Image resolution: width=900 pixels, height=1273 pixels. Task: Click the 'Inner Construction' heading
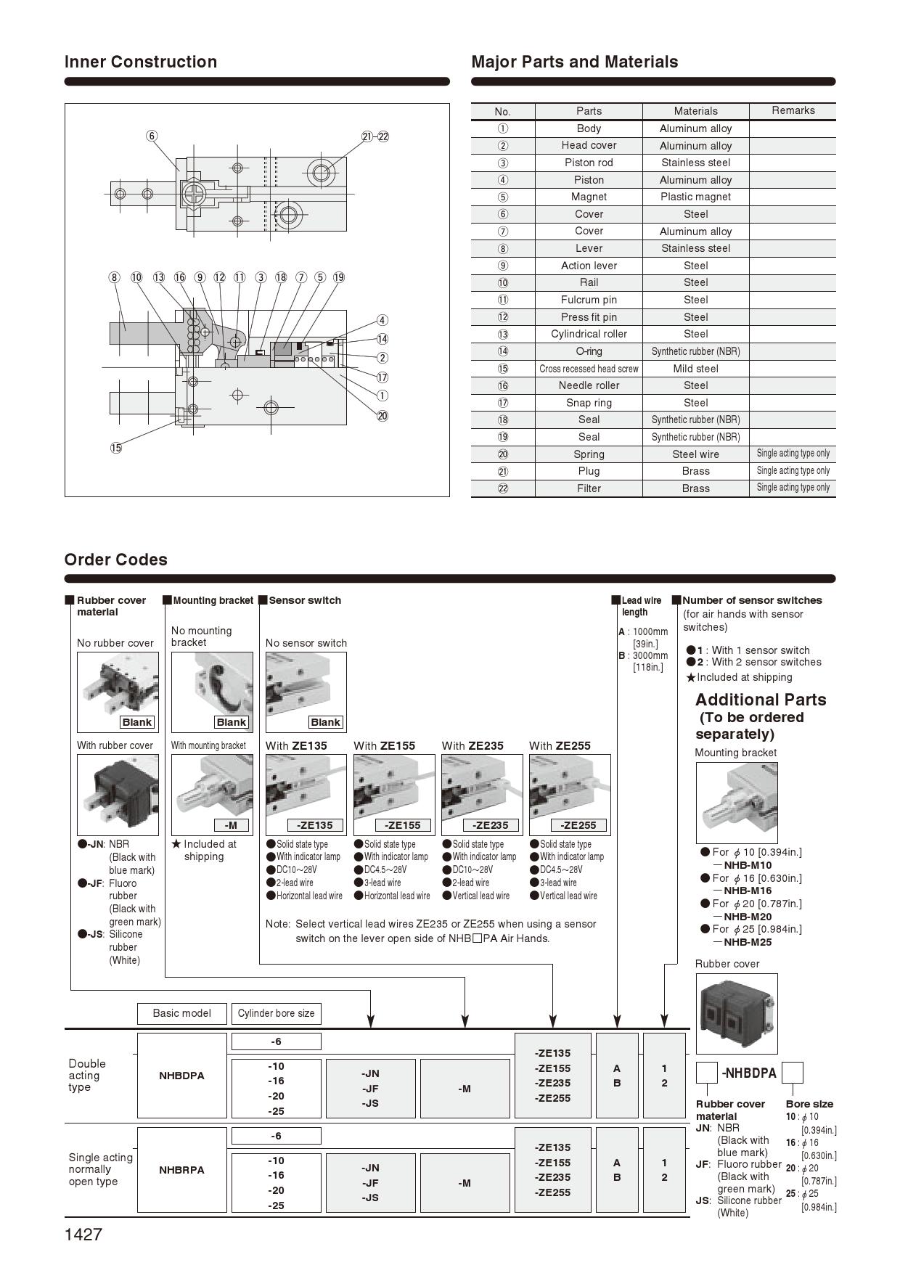tap(141, 62)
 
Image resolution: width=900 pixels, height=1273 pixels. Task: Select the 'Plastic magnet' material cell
tap(695, 197)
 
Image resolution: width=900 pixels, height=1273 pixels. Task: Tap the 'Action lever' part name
tap(589, 266)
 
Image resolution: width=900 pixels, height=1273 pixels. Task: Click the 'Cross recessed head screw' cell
tap(589, 369)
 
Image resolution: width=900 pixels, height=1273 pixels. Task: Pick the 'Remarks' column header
tap(793, 110)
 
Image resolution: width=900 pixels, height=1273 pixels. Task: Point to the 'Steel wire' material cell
tap(695, 454)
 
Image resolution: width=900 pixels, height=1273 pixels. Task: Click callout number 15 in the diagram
tap(116, 448)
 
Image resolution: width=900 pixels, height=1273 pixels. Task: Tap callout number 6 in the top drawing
tap(152, 136)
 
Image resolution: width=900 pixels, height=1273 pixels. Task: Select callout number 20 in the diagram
tap(382, 416)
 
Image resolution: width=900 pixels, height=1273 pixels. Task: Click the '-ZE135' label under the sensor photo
tap(314, 825)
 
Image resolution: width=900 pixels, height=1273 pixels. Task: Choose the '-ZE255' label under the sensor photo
tap(578, 825)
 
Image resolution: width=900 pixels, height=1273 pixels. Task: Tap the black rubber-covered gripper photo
tap(118, 794)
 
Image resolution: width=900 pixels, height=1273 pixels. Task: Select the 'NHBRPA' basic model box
tap(181, 1170)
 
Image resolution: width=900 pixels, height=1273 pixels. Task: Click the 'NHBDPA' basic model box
tap(181, 1076)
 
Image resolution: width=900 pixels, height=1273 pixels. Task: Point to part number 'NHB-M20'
tap(748, 917)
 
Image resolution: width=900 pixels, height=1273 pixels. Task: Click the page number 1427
tap(83, 1235)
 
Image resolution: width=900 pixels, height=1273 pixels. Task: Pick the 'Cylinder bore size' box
tap(276, 1013)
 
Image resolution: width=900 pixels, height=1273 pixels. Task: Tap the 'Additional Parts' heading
tap(761, 700)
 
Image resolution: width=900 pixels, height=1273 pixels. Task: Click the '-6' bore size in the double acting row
tap(276, 1041)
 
